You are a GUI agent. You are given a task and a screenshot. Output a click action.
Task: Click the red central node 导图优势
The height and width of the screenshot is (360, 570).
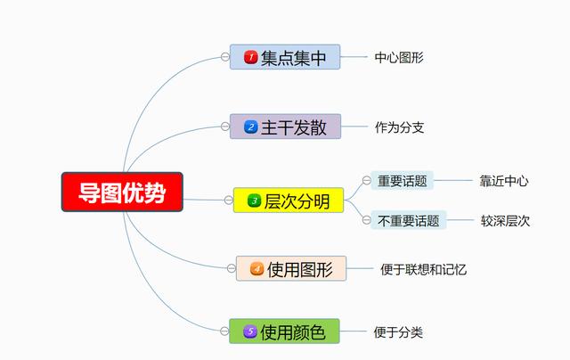point(122,192)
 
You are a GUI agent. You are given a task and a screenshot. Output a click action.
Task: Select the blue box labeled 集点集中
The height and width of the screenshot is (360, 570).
point(285,57)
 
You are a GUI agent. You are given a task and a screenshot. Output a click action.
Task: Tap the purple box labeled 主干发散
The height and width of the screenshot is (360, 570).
point(285,127)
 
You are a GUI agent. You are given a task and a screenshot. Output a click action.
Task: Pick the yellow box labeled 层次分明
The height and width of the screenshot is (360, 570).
point(289,200)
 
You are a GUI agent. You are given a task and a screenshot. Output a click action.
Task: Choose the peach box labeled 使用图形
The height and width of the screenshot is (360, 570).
point(291,268)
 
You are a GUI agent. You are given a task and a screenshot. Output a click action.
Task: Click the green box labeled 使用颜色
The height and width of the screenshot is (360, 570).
point(284,331)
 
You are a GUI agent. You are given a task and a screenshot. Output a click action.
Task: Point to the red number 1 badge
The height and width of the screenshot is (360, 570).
point(251,57)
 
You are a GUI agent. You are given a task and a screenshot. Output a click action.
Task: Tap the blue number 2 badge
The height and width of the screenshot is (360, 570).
point(251,127)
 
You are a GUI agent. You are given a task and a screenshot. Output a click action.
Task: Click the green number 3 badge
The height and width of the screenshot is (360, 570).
point(254,200)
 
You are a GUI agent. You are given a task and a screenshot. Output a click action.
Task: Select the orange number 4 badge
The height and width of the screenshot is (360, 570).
point(257,269)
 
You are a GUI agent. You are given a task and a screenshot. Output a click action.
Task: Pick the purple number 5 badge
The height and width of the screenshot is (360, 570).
point(250,331)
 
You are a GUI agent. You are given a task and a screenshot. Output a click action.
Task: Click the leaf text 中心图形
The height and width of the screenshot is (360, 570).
point(399,57)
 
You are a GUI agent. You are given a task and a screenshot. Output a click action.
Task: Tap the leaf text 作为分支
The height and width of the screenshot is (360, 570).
point(400,127)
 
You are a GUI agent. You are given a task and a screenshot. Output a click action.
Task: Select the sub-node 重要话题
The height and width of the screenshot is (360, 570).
point(402,181)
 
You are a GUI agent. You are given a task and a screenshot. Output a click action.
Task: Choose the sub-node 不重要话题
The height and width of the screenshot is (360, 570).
point(408,220)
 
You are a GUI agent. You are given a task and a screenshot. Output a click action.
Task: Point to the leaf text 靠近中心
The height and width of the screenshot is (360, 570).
point(504,181)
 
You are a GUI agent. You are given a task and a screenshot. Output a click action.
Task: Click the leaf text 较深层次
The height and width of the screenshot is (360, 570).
point(505,221)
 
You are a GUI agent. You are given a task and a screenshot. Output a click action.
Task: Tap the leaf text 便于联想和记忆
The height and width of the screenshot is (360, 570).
point(424,269)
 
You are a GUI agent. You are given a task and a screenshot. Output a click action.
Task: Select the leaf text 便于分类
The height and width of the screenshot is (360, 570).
point(398,332)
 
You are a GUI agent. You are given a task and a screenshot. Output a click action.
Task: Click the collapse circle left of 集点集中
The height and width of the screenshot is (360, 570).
point(225,57)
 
